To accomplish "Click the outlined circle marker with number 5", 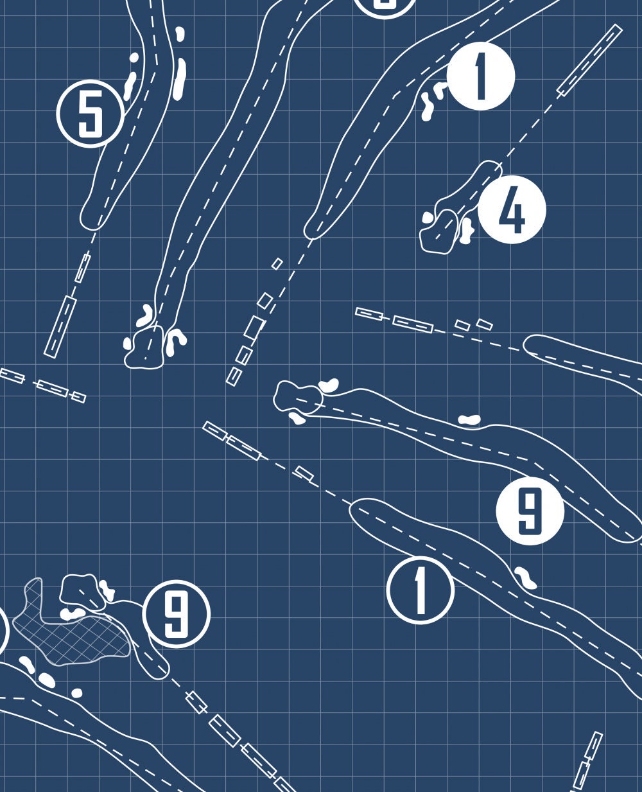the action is pyautogui.click(x=91, y=114).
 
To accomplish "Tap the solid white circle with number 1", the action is pyautogui.click(x=481, y=76).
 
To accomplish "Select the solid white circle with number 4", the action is pyautogui.click(x=512, y=209).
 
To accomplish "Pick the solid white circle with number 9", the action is pyautogui.click(x=530, y=511).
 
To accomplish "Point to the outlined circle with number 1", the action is pyautogui.click(x=421, y=590).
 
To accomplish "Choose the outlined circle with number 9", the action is pyautogui.click(x=177, y=614).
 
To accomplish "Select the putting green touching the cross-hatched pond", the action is pyautogui.click(x=82, y=592).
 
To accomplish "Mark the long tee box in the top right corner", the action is pyautogui.click(x=589, y=60).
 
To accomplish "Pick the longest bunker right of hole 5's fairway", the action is pyautogui.click(x=180, y=78).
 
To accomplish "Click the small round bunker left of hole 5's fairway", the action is pyautogui.click(x=134, y=57).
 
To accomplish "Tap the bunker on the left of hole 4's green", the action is pyautogui.click(x=428, y=218).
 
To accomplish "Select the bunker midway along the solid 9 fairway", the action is pyautogui.click(x=469, y=420).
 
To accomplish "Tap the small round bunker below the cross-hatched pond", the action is pyautogui.click(x=77, y=693).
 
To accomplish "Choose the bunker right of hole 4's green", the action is pyautogui.click(x=466, y=231).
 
